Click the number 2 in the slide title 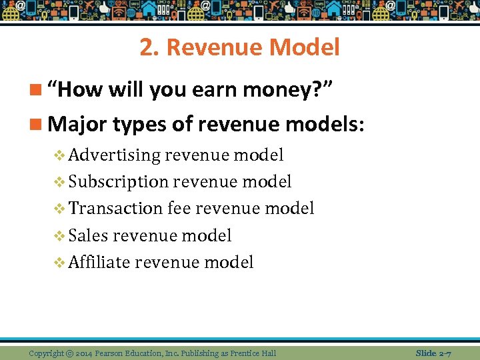point(146,47)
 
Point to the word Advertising point(115,155)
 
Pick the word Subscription point(119,182)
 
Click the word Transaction point(115,209)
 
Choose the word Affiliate point(99,262)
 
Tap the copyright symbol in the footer point(69,353)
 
